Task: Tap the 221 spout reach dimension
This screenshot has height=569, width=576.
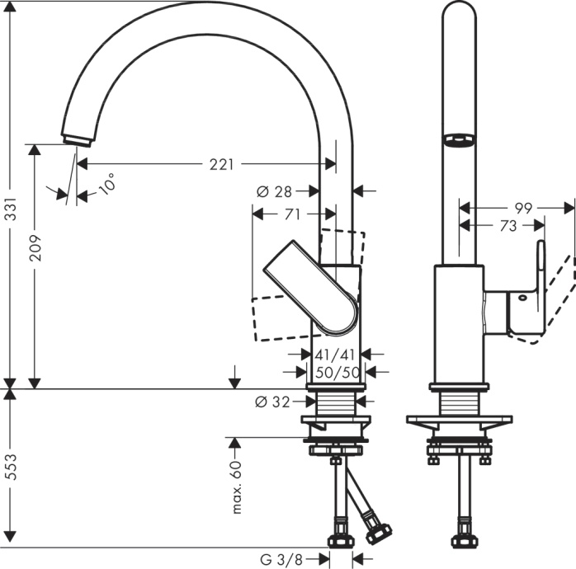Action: click(x=220, y=164)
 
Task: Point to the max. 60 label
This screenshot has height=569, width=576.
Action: click(x=236, y=487)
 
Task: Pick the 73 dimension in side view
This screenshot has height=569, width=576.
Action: click(x=508, y=225)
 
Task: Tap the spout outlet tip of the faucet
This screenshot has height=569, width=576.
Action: click(x=76, y=138)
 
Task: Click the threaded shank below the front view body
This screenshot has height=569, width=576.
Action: click(x=334, y=404)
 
